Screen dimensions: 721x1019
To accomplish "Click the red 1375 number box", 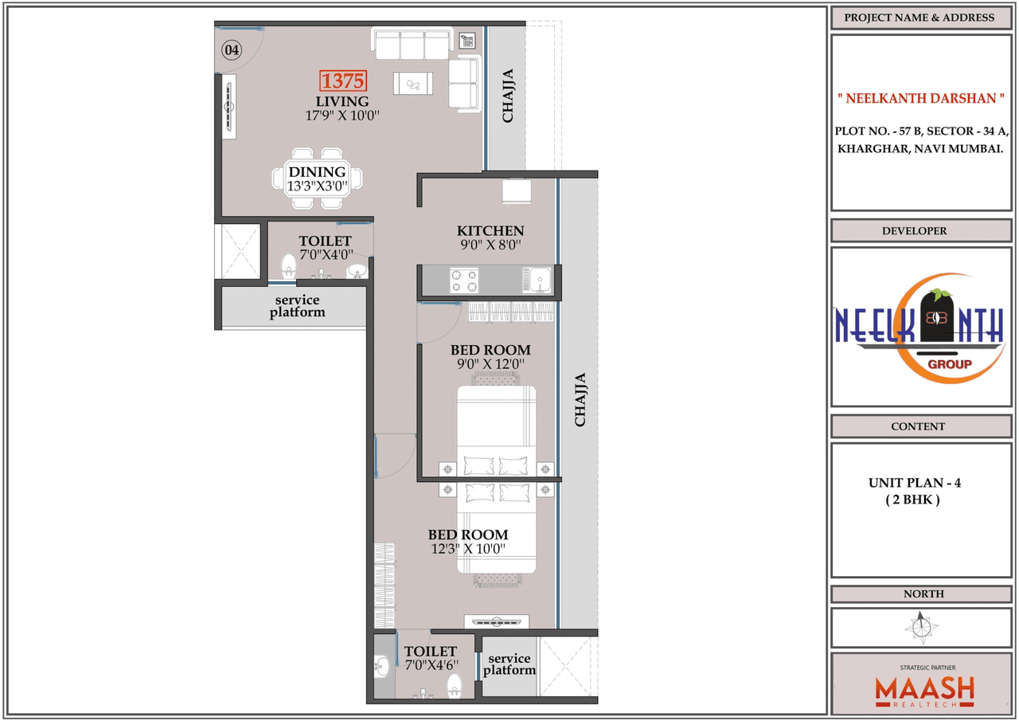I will [x=343, y=80].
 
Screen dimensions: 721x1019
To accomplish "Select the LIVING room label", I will [x=342, y=101].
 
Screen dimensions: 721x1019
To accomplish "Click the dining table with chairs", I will [x=317, y=178].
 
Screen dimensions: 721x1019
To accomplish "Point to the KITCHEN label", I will [x=490, y=230].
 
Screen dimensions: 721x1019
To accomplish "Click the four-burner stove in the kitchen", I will [x=465, y=280].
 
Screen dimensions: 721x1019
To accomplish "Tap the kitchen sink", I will [x=537, y=280].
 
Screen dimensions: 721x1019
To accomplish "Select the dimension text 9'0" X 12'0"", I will [x=490, y=364].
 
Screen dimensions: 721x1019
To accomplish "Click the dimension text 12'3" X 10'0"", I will [x=468, y=549].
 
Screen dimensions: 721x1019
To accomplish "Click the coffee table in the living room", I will [x=413, y=83].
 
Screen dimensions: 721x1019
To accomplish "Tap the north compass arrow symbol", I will [x=921, y=627].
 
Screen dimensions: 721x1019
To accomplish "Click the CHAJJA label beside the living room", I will [x=507, y=96].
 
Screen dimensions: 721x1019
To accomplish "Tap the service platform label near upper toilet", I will [x=297, y=306].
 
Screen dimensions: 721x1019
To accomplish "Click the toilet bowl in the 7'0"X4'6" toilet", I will [x=455, y=684].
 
